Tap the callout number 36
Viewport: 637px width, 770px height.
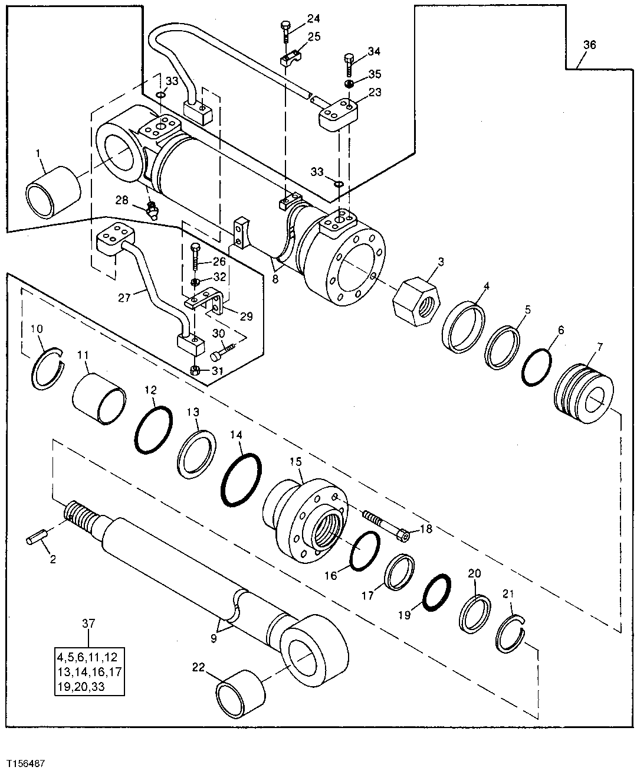pos(589,45)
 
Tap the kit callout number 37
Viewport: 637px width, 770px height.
pos(88,624)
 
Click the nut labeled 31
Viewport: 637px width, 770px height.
pos(196,371)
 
